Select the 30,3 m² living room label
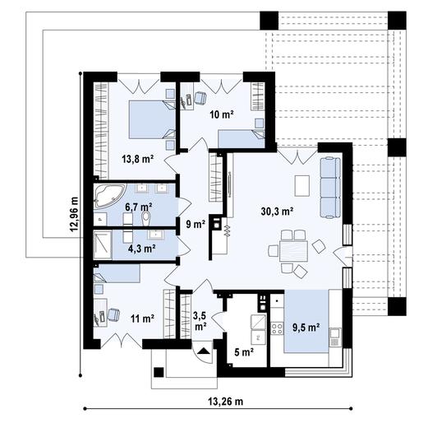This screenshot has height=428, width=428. tap(278, 211)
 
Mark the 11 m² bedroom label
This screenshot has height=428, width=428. tap(142, 318)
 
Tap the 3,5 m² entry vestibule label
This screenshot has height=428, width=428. tap(200, 319)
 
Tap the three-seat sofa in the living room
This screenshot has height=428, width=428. tap(329, 184)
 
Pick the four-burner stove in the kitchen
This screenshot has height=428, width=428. tap(278, 328)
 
